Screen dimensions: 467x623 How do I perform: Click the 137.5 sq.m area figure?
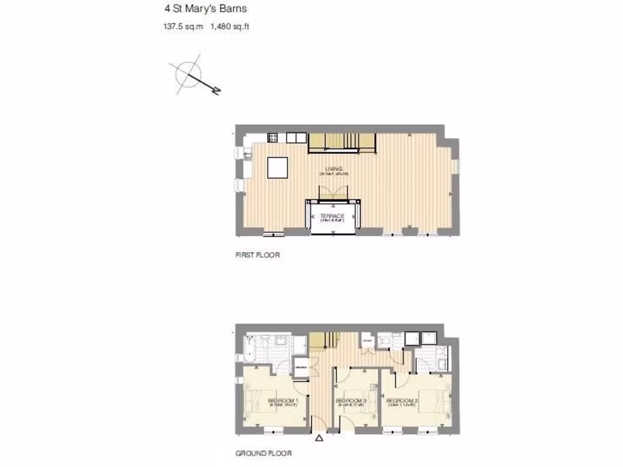[183, 26]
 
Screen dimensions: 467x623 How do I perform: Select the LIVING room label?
[333, 168]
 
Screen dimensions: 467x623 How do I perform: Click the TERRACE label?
[332, 216]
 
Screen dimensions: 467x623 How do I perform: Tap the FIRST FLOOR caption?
[257, 255]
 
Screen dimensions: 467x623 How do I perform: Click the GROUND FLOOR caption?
[263, 454]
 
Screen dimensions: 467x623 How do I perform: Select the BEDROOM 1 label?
[283, 400]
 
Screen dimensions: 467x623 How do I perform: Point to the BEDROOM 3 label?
[350, 400]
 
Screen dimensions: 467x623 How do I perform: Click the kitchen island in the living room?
[278, 167]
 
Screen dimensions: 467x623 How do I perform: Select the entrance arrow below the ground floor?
[320, 437]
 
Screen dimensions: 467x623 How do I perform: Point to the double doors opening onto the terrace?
[332, 192]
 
